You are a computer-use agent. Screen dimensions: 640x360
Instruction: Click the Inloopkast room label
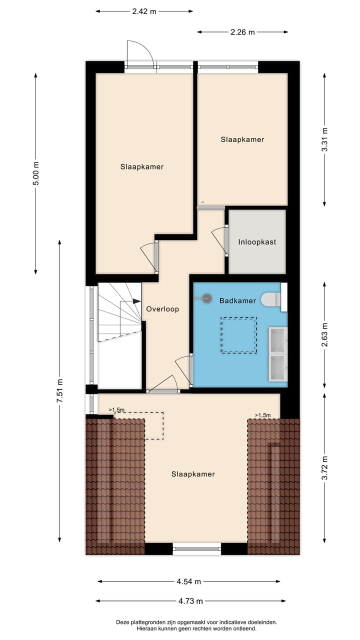(x=257, y=242)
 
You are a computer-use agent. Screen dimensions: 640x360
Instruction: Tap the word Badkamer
(x=237, y=300)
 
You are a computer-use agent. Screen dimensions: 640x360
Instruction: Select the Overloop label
(x=162, y=309)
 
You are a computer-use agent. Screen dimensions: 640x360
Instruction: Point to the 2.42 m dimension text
(x=144, y=11)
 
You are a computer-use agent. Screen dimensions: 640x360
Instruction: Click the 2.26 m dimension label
(x=242, y=32)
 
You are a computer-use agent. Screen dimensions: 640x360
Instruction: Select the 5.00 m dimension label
(x=35, y=173)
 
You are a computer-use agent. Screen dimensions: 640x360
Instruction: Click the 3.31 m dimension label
(x=324, y=140)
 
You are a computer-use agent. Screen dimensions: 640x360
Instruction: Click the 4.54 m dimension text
(x=188, y=581)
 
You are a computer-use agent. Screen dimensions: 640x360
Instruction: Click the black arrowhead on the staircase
(x=136, y=301)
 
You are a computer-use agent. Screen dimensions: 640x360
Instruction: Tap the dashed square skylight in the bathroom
(x=239, y=335)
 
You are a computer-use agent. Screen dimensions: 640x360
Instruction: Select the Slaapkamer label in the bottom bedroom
(x=193, y=474)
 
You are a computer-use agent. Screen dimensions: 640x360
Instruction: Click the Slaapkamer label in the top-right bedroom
(x=242, y=139)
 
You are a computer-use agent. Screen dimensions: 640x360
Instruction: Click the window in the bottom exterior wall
(x=197, y=548)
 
